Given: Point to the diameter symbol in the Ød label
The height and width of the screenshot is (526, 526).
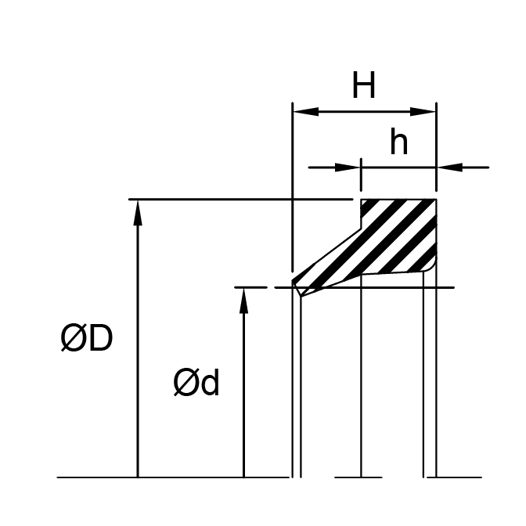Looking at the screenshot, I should pos(186,384).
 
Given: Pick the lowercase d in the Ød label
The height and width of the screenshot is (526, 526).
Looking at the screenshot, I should pos(210,384).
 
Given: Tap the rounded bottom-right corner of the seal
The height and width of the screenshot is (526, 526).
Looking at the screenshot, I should pos(431,268).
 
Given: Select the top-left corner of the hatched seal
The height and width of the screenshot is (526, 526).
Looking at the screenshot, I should pos(362,200).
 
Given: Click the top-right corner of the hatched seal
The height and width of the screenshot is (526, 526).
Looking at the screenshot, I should pos(435,200).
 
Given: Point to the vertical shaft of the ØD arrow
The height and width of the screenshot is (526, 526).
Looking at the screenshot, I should pos(138,352).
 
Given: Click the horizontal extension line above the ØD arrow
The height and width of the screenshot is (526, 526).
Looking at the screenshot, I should pos(235,200).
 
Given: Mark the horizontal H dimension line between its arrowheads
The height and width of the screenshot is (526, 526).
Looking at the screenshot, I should pos(364,112).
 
